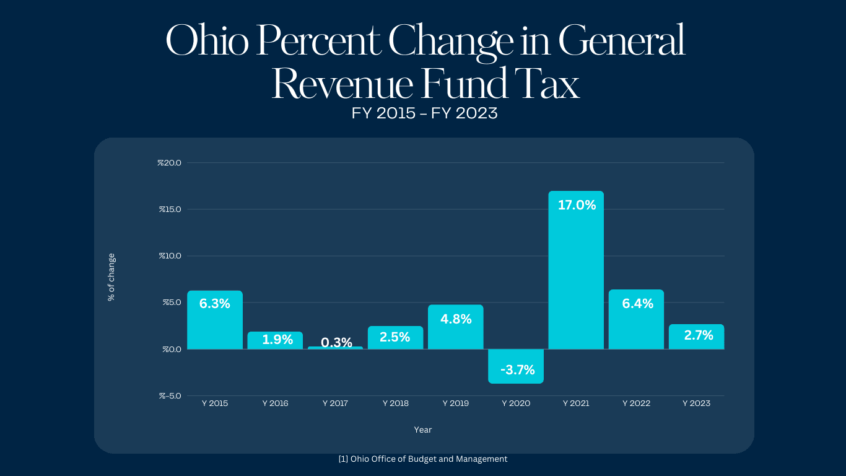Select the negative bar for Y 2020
pos(516,366)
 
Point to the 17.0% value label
pos(577,205)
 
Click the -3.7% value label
pos(517,371)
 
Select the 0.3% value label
pos(336,342)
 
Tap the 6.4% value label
pos(637,304)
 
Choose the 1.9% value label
pos(277,339)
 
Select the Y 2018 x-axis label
pos(396,403)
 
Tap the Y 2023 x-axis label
pos(696,403)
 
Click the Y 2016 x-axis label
pos(275,403)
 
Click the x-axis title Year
pos(423,430)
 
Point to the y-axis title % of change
pos(111,276)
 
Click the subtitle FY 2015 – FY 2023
pos(424,113)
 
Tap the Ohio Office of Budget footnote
pos(423,459)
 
